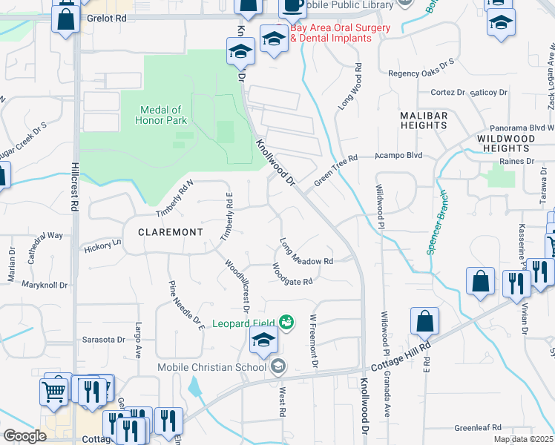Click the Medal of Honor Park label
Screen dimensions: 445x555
coord(160,115)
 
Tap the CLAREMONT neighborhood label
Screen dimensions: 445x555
coord(171,232)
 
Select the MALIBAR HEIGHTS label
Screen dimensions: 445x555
coord(424,121)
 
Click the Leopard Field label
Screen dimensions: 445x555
coord(243,323)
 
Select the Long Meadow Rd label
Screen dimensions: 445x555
coord(306,252)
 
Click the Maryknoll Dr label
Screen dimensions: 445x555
coord(46,285)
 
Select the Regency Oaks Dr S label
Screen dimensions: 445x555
coord(421,73)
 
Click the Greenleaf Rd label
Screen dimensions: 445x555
coord(478,428)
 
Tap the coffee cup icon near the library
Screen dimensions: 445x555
coord(292,6)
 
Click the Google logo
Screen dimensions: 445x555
coord(24,435)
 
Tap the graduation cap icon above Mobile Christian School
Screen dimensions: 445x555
coord(263,342)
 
